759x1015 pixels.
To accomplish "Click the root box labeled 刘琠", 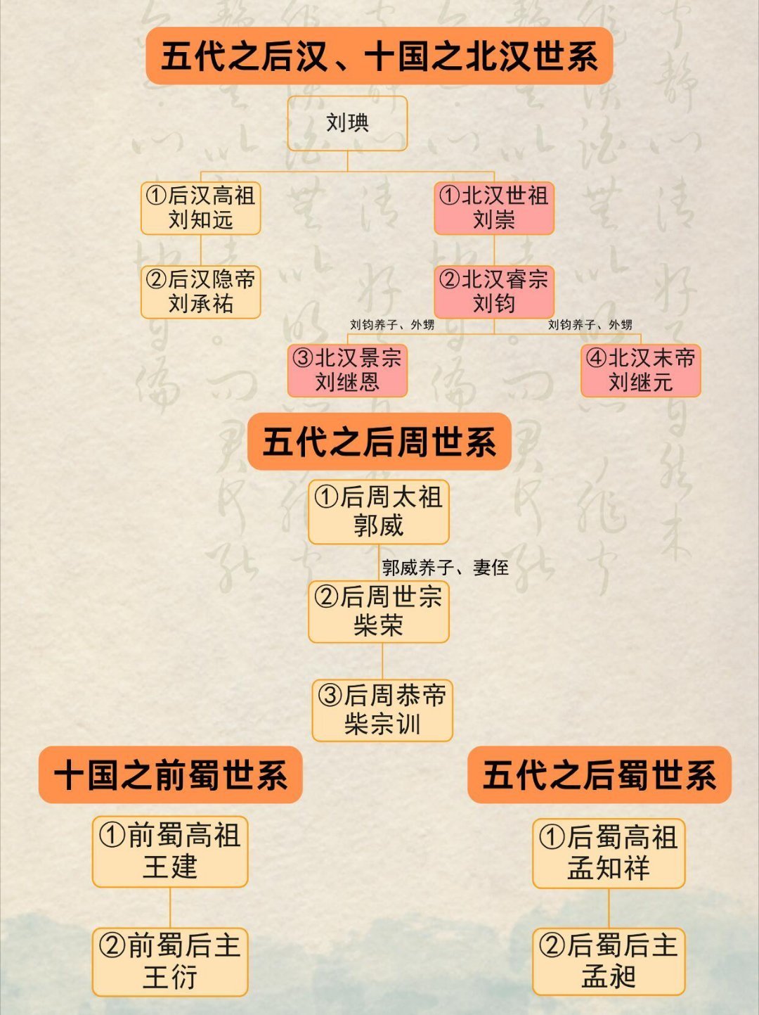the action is tap(347, 123).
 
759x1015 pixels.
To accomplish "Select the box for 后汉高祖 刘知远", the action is tap(201, 208).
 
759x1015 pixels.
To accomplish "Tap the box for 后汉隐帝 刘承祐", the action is tap(201, 291).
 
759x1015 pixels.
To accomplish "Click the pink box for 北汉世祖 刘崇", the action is tap(494, 208).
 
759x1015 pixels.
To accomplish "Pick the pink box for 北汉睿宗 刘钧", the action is tap(494, 291).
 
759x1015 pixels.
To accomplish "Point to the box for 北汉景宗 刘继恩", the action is tap(347, 370).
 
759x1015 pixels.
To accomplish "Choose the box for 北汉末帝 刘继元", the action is tap(640, 370).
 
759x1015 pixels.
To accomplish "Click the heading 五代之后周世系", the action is tap(379, 442).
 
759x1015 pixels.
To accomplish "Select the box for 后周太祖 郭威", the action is tap(379, 511).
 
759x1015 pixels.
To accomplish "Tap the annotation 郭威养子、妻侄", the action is tap(445, 567).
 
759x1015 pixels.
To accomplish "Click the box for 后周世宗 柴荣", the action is tap(379, 611).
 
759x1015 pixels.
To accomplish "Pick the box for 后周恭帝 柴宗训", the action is tap(382, 710).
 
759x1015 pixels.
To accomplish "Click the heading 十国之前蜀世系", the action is tap(170, 775).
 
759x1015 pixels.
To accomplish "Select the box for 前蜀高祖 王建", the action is tap(170, 851).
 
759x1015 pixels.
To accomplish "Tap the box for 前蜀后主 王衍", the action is tap(170, 962).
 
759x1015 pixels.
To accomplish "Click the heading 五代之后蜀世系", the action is tap(599, 775).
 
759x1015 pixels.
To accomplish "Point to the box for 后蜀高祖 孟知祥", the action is tap(609, 853).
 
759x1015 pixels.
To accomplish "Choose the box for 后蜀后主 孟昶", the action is tap(609, 962).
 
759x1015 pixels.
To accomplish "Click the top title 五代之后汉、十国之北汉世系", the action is tap(379, 56).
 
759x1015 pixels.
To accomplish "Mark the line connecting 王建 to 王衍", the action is tap(170, 907).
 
